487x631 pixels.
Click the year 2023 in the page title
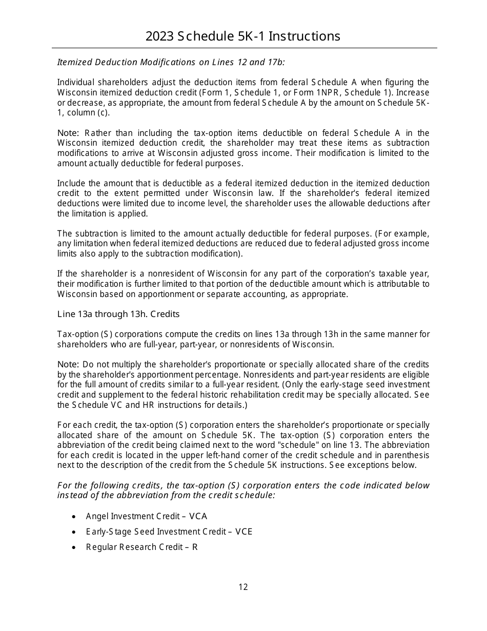pyautogui.click(x=159, y=36)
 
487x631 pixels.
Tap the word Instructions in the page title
pyautogui.click(x=305, y=36)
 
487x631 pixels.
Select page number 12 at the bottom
pyautogui.click(x=243, y=587)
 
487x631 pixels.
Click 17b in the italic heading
pyautogui.click(x=274, y=63)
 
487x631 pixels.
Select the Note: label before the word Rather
pyautogui.click(x=68, y=133)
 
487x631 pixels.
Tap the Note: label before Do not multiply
pyautogui.click(x=68, y=365)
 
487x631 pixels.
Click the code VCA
pyautogui.click(x=198, y=517)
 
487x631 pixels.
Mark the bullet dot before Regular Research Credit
pyautogui.click(x=75, y=548)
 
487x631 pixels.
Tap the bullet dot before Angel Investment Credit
pyautogui.click(x=75, y=517)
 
